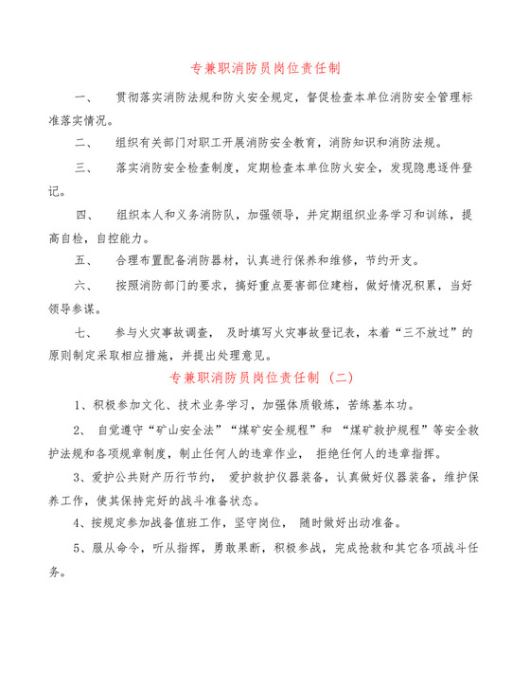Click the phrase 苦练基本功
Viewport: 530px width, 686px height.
(x=381, y=405)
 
